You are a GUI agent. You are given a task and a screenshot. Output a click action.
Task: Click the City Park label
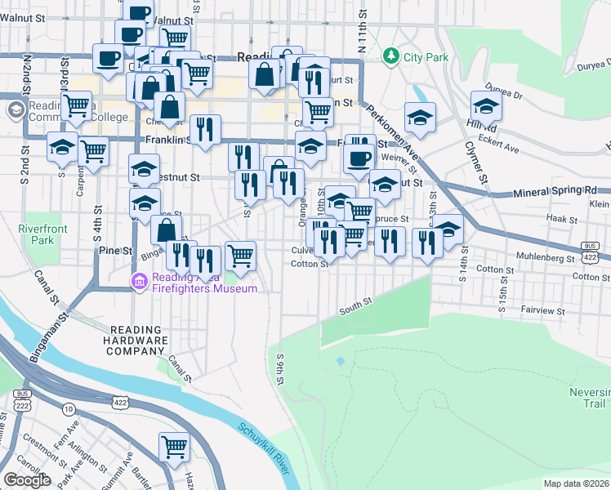point(426,57)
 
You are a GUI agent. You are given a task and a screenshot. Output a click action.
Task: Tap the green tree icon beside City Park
point(392,56)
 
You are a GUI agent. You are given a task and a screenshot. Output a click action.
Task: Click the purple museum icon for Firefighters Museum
point(138,283)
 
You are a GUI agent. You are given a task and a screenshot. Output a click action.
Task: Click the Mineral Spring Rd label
point(555,192)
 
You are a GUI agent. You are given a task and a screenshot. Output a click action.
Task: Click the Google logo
point(27,480)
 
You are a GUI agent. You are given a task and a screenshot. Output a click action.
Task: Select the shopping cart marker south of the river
point(174,447)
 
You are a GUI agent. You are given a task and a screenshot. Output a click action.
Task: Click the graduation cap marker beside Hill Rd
point(486,106)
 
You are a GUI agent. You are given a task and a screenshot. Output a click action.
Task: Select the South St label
point(355,305)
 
